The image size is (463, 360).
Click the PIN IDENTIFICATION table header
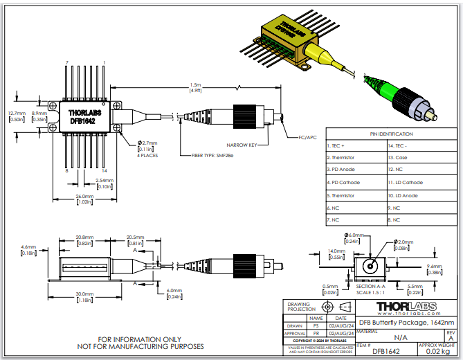coord(391,134)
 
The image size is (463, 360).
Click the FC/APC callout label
coord(307,138)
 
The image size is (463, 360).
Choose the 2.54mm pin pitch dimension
coord(105,183)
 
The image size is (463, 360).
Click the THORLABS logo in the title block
coord(406,306)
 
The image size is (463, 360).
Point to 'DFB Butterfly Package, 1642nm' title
coord(406,322)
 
